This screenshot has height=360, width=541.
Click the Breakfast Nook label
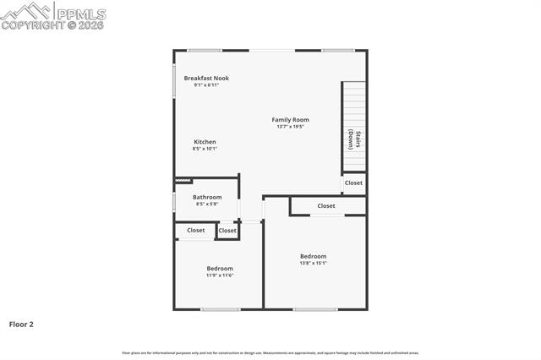[206, 78]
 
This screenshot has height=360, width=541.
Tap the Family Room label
[290, 119]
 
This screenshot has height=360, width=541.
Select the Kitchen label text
[205, 141]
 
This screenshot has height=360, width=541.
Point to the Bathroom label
[207, 197]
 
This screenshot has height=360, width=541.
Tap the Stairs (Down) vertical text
[354, 139]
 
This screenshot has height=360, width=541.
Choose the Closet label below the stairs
[353, 183]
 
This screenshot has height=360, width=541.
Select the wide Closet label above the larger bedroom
[326, 205]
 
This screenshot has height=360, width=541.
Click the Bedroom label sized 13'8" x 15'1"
[313, 256]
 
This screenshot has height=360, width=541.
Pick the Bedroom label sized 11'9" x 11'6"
[220, 268]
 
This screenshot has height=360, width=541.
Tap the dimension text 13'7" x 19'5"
[290, 127]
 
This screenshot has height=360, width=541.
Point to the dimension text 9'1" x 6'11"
[206, 85]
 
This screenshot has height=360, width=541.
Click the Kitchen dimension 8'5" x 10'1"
[205, 149]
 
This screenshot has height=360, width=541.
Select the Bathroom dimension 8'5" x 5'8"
[207, 204]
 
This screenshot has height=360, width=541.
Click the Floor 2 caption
[21, 324]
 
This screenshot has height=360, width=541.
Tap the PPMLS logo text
[82, 14]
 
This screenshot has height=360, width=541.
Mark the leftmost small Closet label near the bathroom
[196, 230]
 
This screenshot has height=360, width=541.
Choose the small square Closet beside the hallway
[227, 231]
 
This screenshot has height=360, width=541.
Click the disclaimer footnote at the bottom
[270, 352]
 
